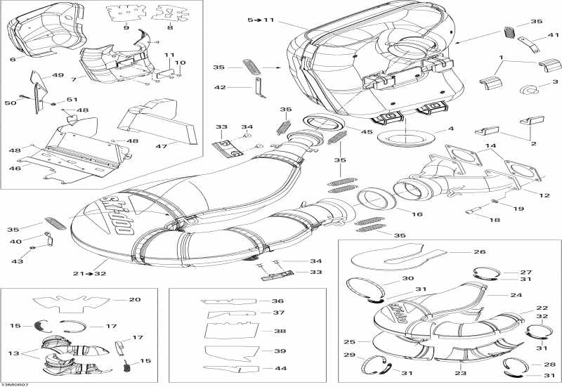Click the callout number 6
tap(12, 60)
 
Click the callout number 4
tap(451, 130)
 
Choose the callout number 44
tap(281, 368)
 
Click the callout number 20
tap(135, 300)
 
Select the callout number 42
tap(220, 87)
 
